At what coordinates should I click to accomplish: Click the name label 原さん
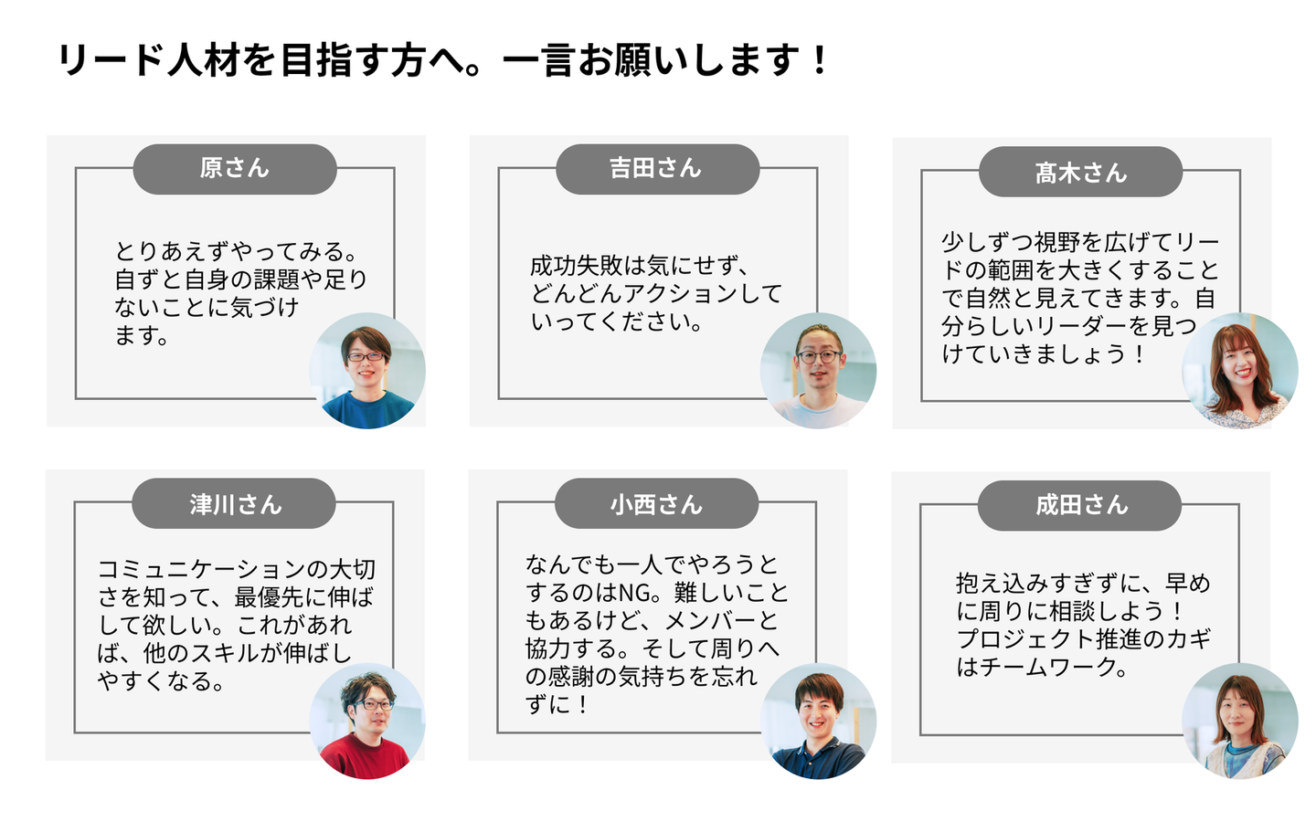235,169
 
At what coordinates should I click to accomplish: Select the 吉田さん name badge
657,169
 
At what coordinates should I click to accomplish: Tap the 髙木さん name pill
1080,172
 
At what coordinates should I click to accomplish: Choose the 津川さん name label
234,504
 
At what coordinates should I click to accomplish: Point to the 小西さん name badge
657,504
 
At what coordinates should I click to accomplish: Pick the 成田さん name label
1080,506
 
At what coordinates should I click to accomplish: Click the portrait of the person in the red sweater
367,721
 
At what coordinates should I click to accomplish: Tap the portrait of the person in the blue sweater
367,371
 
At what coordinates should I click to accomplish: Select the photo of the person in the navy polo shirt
819,721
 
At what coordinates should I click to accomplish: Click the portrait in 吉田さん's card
819,371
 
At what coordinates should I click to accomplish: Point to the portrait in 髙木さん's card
1240,371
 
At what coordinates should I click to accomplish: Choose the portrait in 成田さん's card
1240,721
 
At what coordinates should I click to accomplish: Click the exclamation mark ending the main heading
817,60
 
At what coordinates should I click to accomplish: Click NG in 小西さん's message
633,593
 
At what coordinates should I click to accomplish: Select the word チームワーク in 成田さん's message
1048,667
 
